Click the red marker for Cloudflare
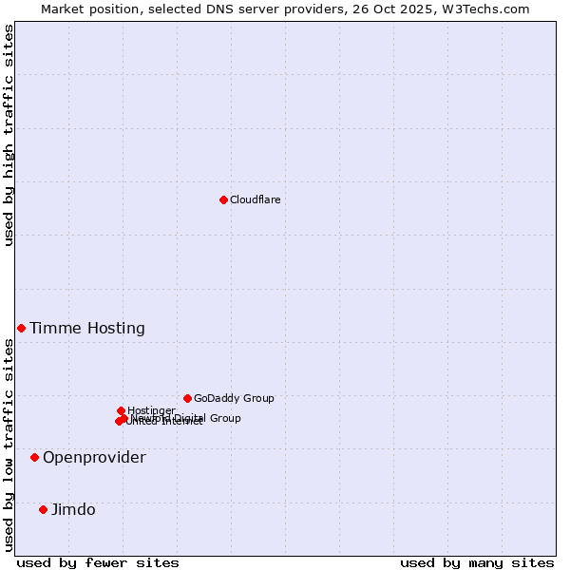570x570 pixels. click(223, 199)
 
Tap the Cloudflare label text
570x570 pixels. click(255, 199)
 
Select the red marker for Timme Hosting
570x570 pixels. click(21, 328)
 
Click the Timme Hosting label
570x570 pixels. click(87, 329)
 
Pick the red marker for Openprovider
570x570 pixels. click(34, 457)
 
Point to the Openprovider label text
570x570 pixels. click(94, 458)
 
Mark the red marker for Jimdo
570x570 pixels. click(43, 509)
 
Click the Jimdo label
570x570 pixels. click(73, 510)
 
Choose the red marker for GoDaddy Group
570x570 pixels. click(187, 398)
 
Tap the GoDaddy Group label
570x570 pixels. click(234, 399)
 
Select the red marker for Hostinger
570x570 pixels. click(121, 410)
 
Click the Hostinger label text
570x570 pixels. click(151, 411)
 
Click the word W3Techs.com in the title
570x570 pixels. click(490, 9)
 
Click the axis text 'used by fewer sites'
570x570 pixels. click(98, 562)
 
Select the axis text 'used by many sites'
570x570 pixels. click(477, 562)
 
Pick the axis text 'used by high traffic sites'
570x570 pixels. click(9, 135)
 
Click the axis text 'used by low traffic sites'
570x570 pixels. click(9, 445)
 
